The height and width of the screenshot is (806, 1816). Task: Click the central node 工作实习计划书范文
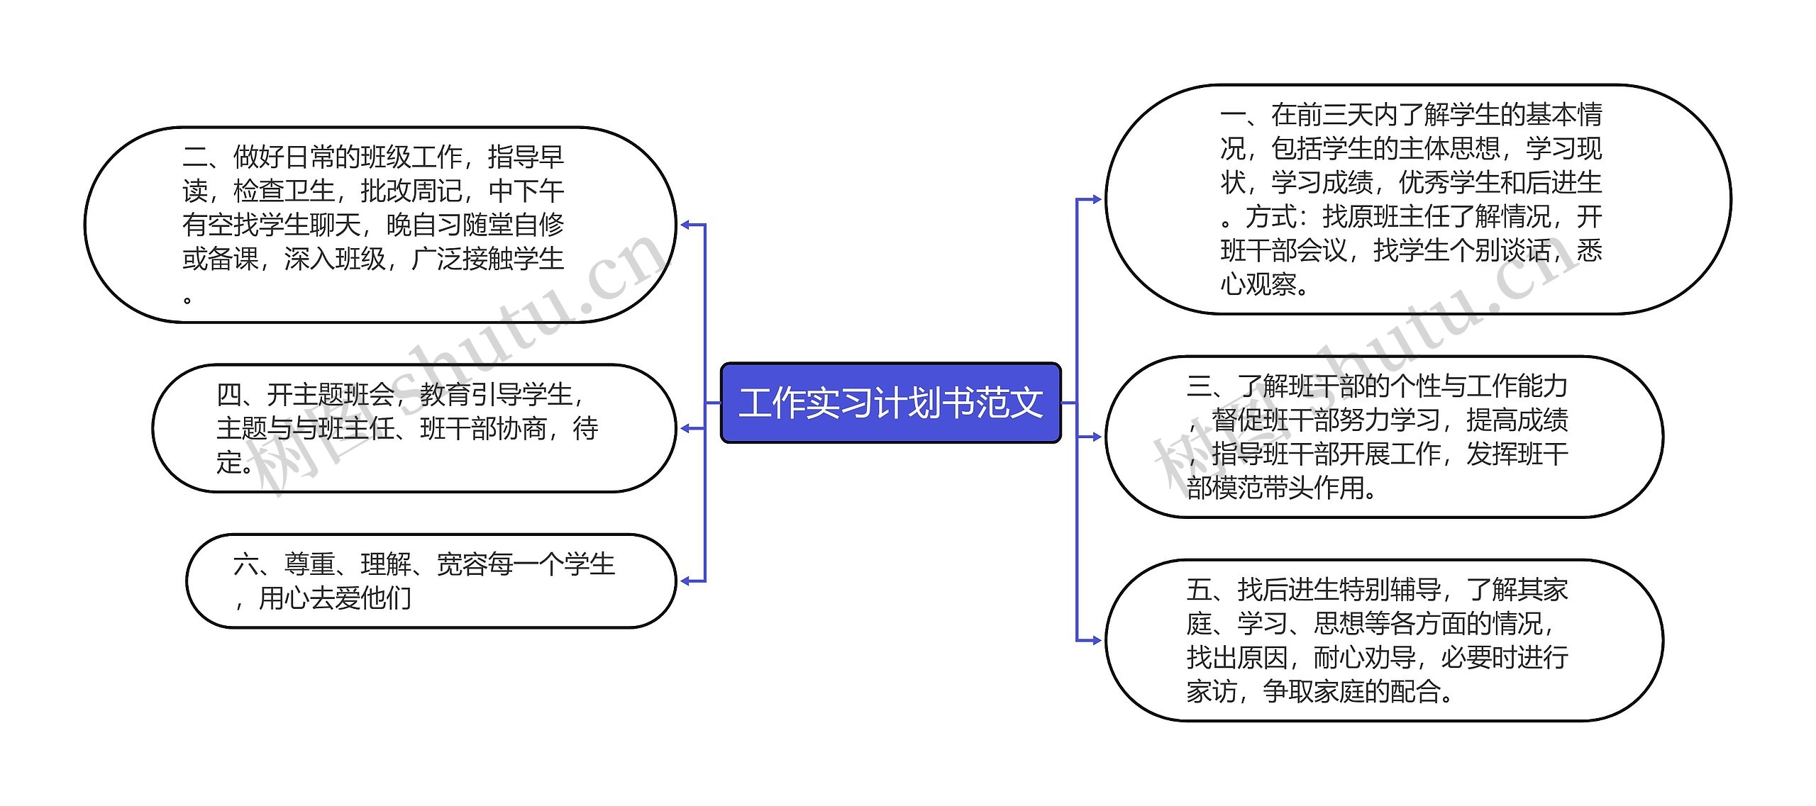890,403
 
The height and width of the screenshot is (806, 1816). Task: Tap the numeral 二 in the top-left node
195,157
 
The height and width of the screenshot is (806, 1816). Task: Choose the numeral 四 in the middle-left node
229,395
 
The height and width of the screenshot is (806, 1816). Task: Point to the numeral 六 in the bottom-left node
246,565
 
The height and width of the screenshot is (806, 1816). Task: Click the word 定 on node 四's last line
229,463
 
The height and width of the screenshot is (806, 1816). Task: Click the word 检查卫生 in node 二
284,191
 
